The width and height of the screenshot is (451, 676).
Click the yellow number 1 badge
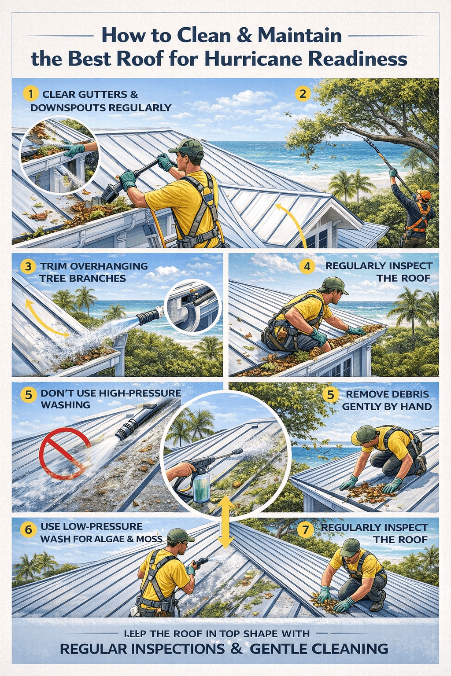30,94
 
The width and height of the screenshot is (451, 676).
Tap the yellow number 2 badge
303,94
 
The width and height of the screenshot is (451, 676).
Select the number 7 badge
305,529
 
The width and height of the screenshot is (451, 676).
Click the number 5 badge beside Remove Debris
330,395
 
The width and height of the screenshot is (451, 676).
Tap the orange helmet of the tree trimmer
424,195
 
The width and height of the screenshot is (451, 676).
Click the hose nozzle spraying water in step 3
148,316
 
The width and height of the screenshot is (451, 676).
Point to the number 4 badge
307,266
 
